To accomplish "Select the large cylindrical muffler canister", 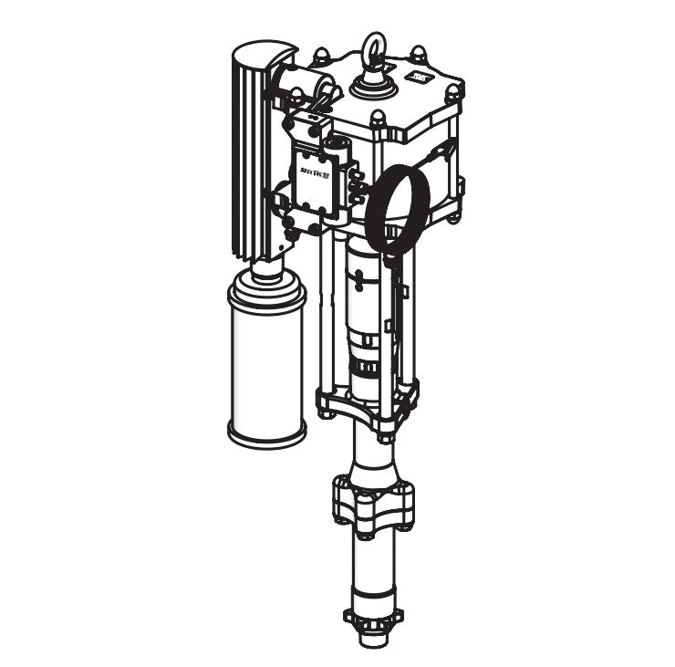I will pyautogui.click(x=266, y=374).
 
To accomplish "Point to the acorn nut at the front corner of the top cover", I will pyautogui.click(x=378, y=118).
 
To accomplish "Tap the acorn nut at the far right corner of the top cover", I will pyautogui.click(x=453, y=90).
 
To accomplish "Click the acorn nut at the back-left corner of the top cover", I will pyautogui.click(x=323, y=57).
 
